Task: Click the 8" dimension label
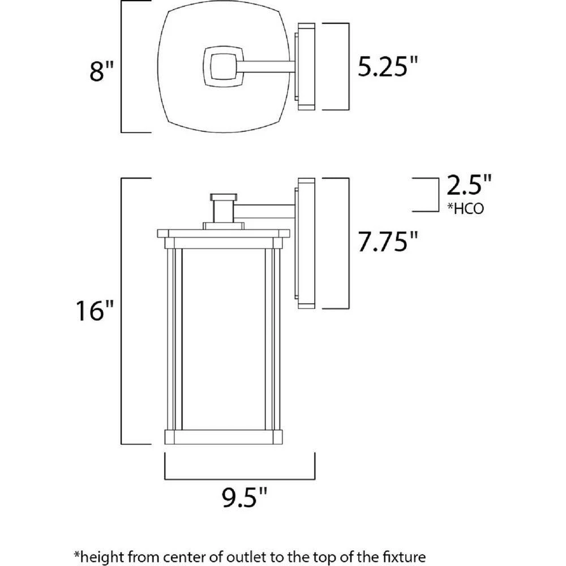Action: pos(102,72)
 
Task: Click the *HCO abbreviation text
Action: pos(465,209)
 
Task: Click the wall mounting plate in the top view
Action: pos(306,67)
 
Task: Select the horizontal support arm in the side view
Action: pos(265,211)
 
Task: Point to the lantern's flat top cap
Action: pos(222,233)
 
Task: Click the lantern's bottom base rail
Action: pos(222,436)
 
